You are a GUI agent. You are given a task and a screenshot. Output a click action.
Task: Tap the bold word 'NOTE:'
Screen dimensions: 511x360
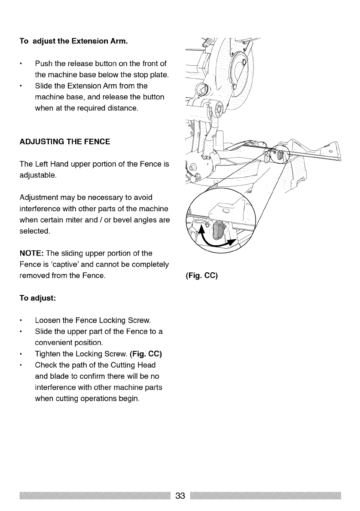pos(31,252)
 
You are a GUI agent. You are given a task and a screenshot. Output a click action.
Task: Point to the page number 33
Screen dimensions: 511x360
pos(180,496)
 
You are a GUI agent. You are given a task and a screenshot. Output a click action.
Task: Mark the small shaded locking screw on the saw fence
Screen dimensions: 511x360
pos(278,155)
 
